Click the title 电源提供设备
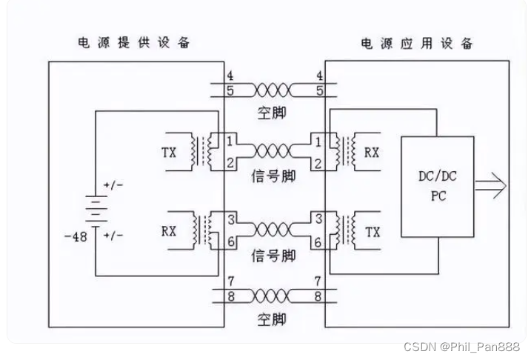[135, 42]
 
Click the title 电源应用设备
[417, 42]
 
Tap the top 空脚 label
[273, 112]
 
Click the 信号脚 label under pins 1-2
[273, 176]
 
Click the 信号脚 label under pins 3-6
[273, 256]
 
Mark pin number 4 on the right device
[319, 76]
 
